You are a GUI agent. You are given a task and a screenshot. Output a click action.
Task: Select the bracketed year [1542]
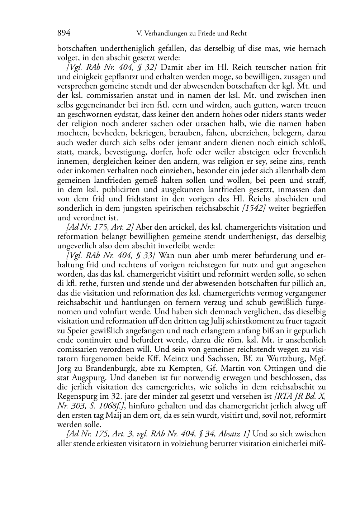coord(254,208)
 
